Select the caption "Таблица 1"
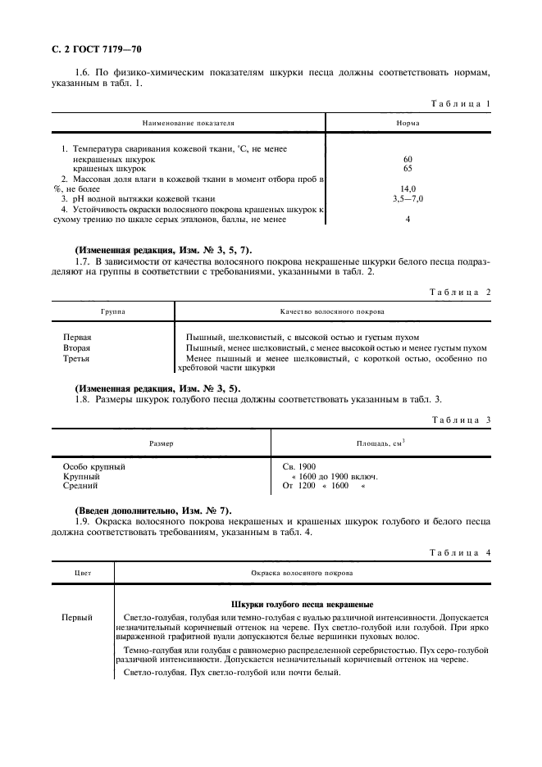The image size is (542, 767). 460,104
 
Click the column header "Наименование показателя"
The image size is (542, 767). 188,123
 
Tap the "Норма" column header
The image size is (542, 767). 408,123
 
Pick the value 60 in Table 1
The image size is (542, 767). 408,158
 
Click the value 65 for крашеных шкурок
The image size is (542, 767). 408,168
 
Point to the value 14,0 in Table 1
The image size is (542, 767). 408,188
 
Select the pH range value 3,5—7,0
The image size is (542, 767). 408,198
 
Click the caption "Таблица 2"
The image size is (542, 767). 460,292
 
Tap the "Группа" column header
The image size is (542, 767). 113,311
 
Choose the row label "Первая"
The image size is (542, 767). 77,338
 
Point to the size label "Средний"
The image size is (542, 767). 80,486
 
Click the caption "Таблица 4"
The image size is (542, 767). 460,553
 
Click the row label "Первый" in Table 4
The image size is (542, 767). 77,617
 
